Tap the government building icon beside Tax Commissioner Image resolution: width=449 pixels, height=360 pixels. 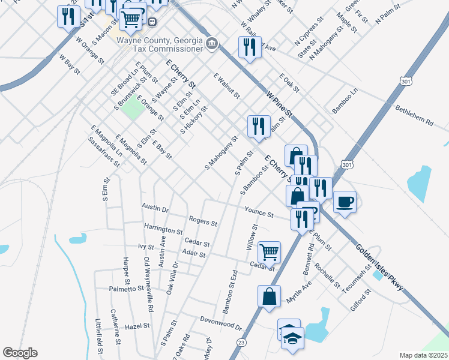212,44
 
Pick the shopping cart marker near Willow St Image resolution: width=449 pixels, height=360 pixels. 269,252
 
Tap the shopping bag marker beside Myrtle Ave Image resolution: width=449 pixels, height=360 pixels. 270,296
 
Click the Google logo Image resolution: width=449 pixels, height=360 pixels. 20,353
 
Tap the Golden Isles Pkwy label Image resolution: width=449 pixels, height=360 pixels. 379,268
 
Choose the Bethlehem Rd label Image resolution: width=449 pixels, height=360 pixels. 414,116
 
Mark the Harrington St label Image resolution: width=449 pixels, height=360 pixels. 163,229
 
